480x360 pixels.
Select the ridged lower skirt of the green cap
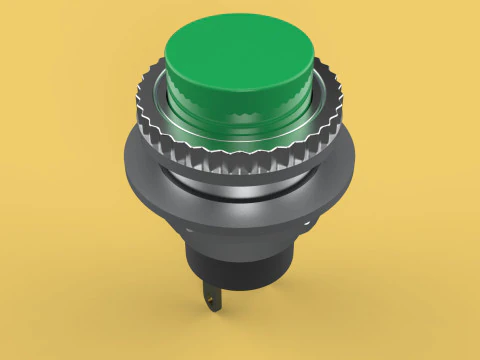coord(238,118)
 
